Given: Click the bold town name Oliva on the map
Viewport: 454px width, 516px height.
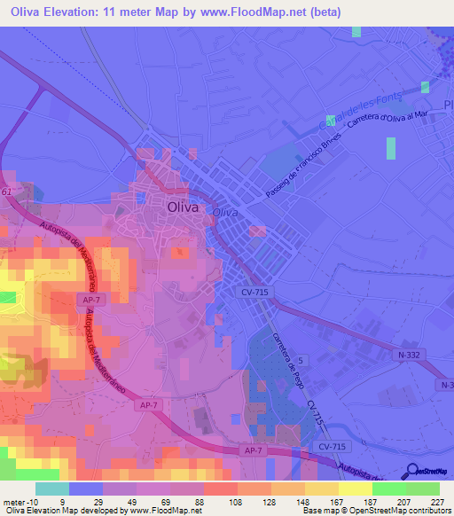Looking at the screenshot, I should (184, 207).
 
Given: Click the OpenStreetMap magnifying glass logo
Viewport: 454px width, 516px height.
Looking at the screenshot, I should (413, 472).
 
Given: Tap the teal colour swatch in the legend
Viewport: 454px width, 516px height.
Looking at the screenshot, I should (52, 488).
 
